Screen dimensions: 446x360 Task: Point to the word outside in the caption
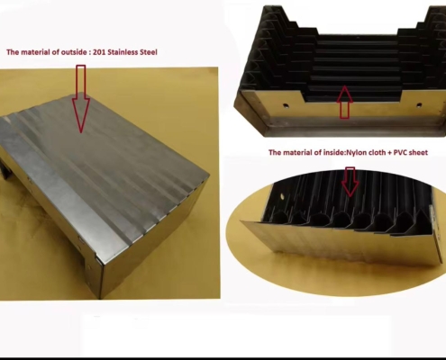pyautogui.click(x=74, y=52)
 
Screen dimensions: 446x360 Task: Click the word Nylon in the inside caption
pyautogui.click(x=357, y=152)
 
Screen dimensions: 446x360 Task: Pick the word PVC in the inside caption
pyautogui.click(x=400, y=152)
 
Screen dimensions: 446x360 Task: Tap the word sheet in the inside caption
pyautogui.click(x=418, y=152)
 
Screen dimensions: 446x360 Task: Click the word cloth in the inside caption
pyautogui.click(x=377, y=152)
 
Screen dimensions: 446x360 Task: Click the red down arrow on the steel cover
pyautogui.click(x=81, y=99)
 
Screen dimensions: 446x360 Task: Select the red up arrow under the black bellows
pyautogui.click(x=345, y=102)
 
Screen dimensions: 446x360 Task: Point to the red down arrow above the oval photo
pyautogui.click(x=350, y=182)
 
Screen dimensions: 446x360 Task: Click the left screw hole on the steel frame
pyautogui.click(x=285, y=105)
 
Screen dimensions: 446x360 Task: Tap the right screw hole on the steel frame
pyautogui.click(x=418, y=105)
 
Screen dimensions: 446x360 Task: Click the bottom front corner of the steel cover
pyautogui.click(x=100, y=299)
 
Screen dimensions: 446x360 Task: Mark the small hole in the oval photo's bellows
pyautogui.click(x=283, y=196)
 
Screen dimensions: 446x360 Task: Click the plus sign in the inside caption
pyautogui.click(x=389, y=153)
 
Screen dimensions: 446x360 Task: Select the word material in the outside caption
pyautogui.click(x=35, y=52)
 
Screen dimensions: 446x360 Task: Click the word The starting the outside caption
pyautogui.click(x=13, y=52)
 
